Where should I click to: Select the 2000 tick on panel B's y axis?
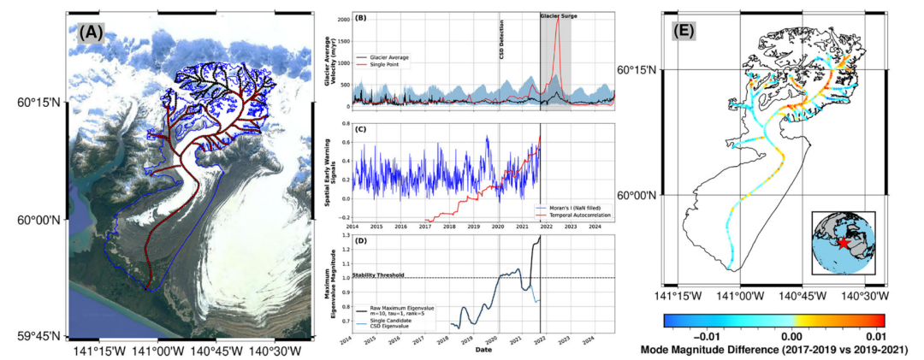pos(342,19)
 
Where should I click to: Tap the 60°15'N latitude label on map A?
pos(34,103)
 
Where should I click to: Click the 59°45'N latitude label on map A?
pos(34,334)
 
